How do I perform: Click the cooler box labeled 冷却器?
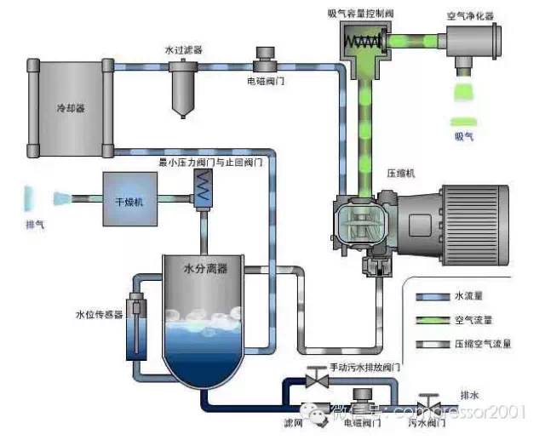pos(72,109)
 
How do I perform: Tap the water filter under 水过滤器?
pos(181,85)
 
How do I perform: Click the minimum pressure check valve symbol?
pos(203,187)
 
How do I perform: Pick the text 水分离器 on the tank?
pos(205,269)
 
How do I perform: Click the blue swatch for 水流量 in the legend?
pos(432,298)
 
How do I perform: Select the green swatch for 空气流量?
pos(432,320)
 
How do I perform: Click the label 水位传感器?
pos(100,314)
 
